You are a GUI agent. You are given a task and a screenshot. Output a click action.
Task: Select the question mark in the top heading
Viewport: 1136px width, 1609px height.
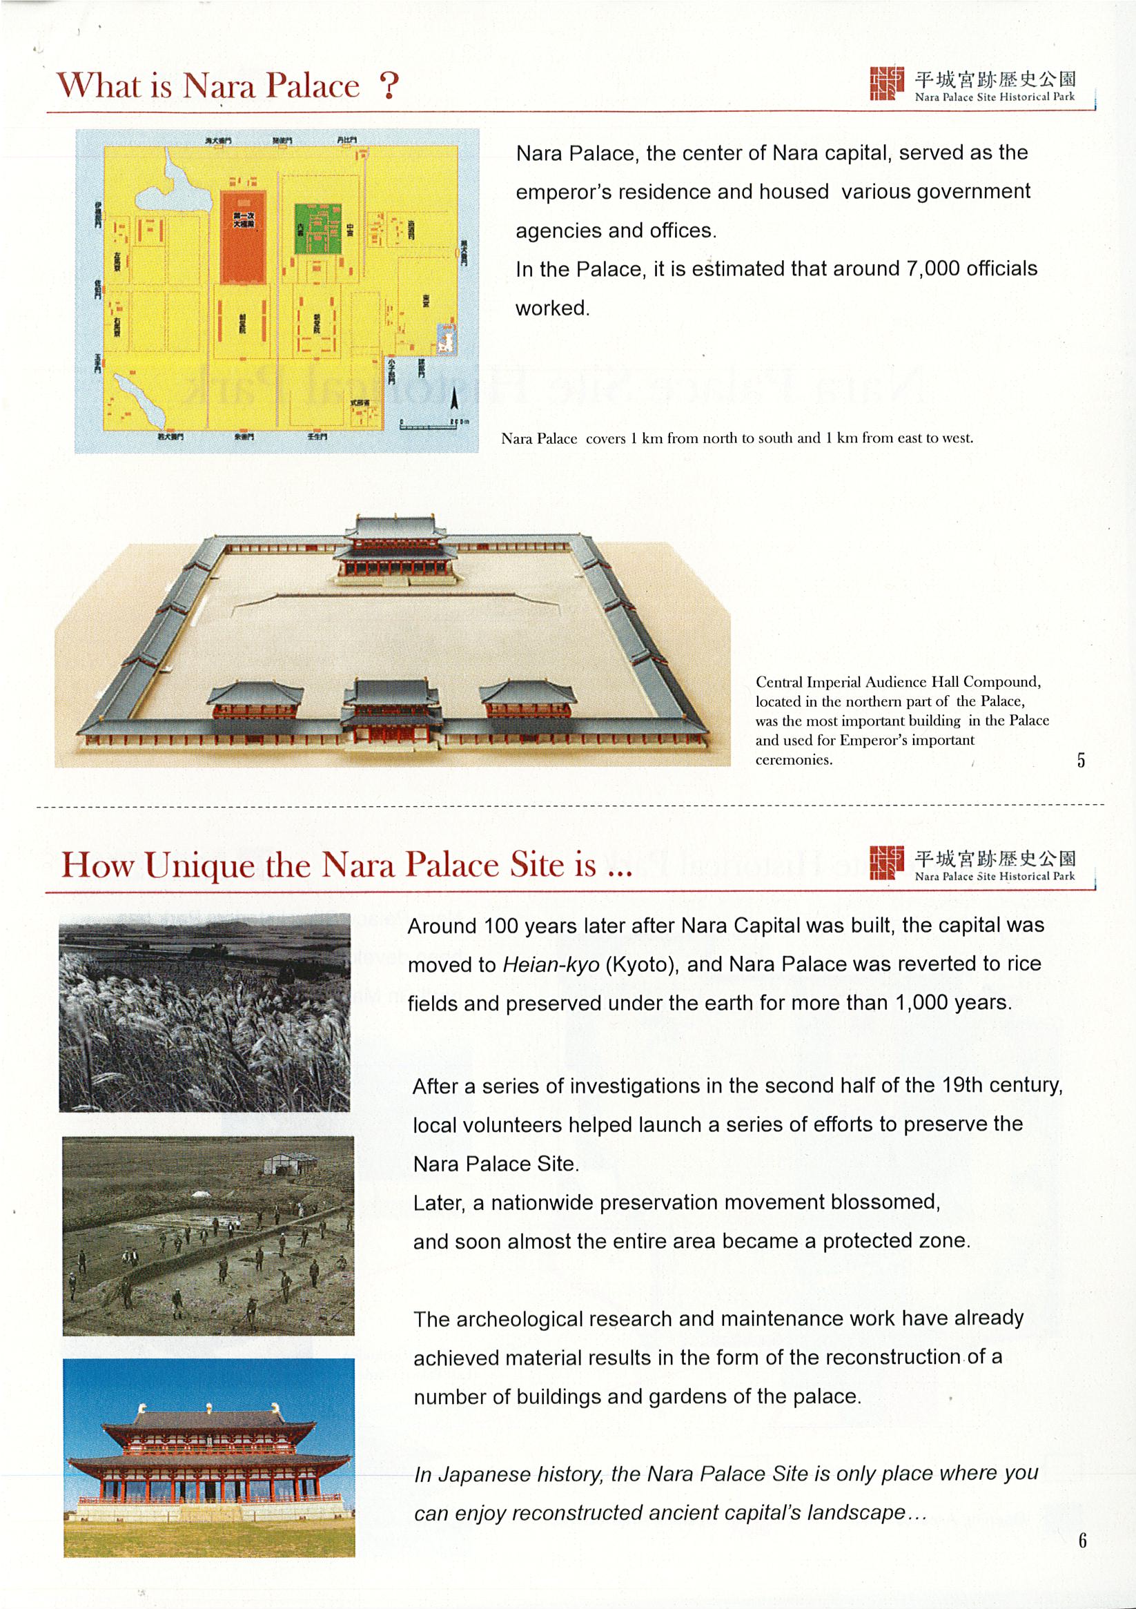389,87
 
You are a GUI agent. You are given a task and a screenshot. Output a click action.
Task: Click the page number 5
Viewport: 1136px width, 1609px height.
1081,760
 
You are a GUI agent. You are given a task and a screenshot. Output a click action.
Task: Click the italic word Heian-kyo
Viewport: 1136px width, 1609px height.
550,965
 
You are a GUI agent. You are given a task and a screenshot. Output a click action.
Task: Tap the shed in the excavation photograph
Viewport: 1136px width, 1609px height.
289,1164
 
